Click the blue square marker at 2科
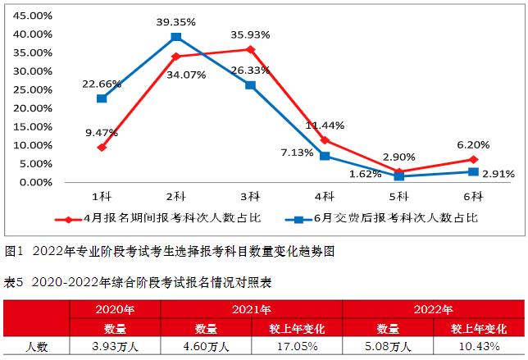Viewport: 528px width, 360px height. coord(175,37)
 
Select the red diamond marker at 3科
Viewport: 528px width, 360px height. coord(250,49)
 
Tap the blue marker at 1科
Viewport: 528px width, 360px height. coord(101,98)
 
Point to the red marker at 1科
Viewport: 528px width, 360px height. coord(101,148)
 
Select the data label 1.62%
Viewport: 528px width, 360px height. coord(366,174)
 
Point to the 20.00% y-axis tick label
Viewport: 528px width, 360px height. coord(34,108)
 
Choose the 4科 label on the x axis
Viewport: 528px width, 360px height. coord(325,197)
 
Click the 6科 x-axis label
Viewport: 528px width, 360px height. coord(473,197)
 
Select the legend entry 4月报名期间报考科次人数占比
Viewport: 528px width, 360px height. coord(164,219)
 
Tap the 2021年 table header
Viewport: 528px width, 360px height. coord(251,309)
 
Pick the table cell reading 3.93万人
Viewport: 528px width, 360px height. coord(115,346)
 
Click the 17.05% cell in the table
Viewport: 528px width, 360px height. coord(296,346)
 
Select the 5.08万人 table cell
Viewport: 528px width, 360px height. coord(388,346)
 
